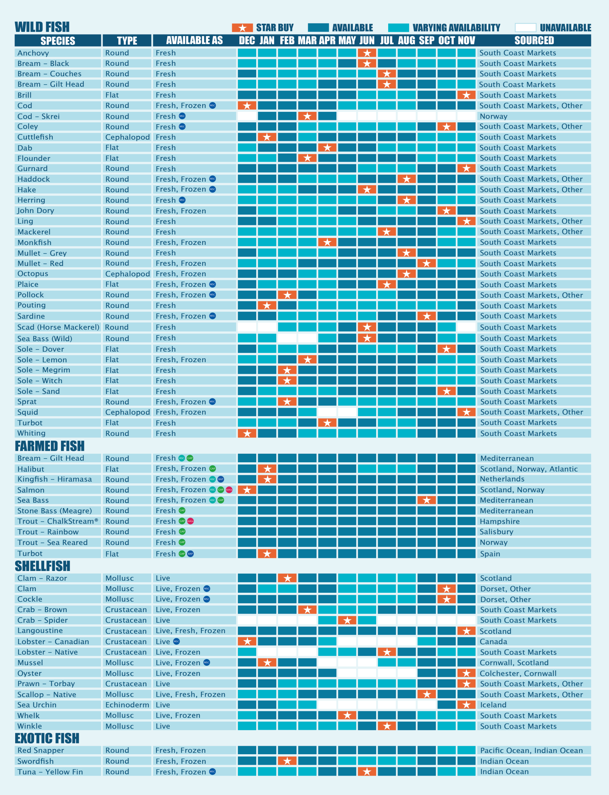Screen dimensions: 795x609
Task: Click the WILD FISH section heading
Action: (42, 27)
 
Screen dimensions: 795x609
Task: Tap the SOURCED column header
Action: (534, 40)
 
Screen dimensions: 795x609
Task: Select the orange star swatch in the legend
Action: (243, 28)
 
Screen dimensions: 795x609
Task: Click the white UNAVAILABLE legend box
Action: (525, 28)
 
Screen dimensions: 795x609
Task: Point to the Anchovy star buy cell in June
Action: (367, 53)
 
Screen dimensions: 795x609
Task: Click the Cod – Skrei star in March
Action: (307, 116)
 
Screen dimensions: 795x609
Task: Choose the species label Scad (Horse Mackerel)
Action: (58, 327)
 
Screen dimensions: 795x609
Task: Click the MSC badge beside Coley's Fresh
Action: (182, 127)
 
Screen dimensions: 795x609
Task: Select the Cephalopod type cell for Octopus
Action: (127, 274)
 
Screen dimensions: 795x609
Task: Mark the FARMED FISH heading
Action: (49, 446)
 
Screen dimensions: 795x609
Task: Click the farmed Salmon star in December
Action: (247, 490)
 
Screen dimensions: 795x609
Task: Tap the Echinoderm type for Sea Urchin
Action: (127, 705)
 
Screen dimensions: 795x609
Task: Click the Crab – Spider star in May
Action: (347, 620)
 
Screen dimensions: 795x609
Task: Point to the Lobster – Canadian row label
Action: (53, 642)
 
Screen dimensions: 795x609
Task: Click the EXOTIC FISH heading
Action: (47, 738)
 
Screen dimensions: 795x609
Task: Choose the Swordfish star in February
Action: (287, 761)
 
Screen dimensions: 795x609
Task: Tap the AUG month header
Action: (406, 40)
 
